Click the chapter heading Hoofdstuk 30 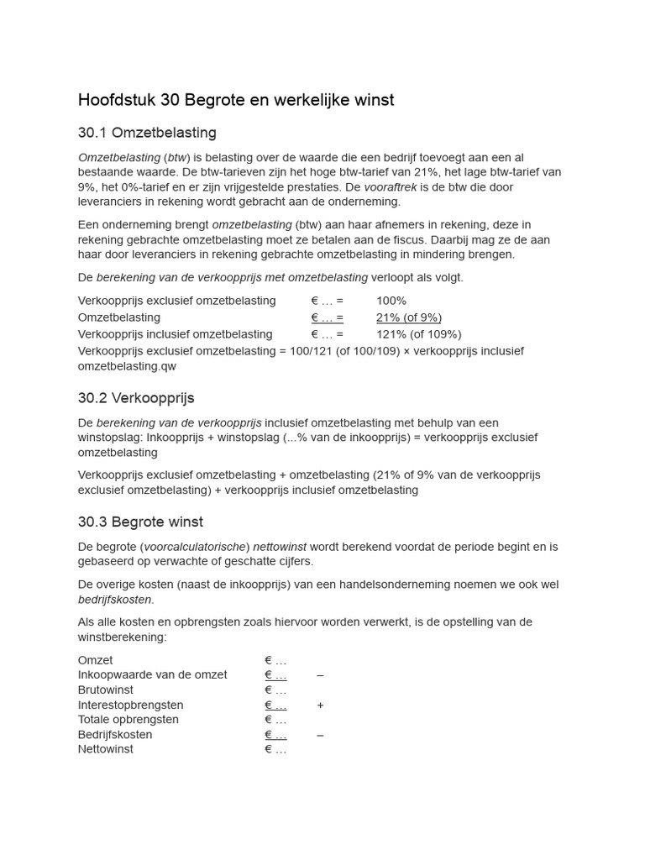pos(235,100)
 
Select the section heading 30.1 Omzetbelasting pos(147,133)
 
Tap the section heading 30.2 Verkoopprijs pos(136,397)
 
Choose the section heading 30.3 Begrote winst pos(140,522)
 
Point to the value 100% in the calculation pos(391,301)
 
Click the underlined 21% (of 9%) pos(408,317)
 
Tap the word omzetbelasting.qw pos(127,366)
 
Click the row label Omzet pos(95,661)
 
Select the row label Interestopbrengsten pos(130,705)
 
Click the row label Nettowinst pos(105,749)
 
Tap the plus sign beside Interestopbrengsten pos(320,705)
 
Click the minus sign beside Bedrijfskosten pos(320,735)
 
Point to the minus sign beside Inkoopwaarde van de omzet pos(320,675)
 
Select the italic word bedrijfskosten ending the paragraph pos(115,599)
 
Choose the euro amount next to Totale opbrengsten pos(275,720)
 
